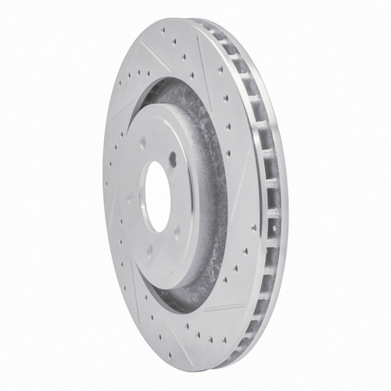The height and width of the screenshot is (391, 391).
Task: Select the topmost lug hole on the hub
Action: (142, 142)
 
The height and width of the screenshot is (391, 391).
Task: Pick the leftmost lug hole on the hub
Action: (130, 197)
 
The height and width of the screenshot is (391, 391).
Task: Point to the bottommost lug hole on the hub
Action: (149, 252)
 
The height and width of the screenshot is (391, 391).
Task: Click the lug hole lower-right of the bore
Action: (177, 231)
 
